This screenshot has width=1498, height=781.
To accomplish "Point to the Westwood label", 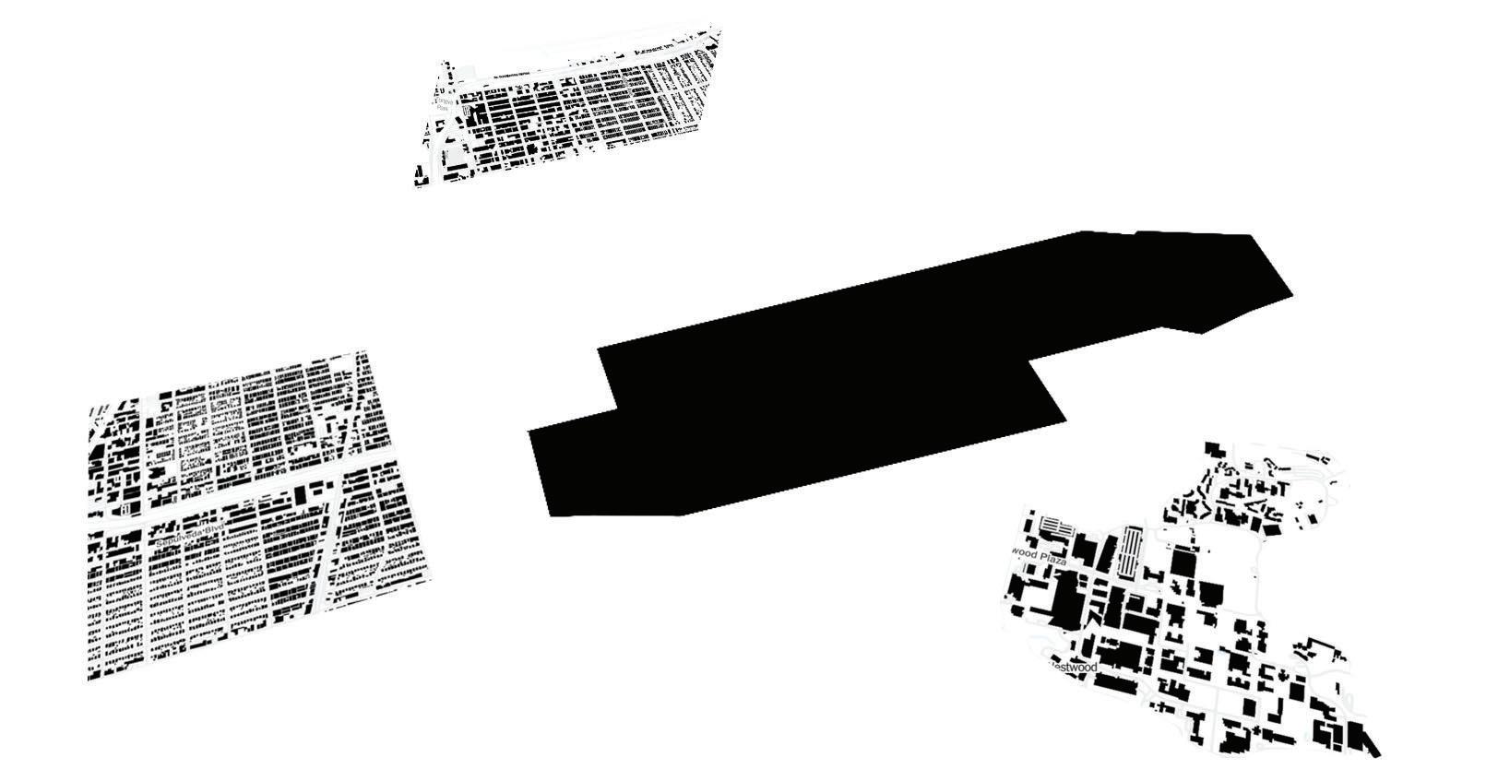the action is click(1071, 667).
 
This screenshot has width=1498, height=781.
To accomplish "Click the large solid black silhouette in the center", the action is click(830, 387).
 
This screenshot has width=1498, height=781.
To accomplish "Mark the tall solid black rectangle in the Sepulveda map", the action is click(301, 495).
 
